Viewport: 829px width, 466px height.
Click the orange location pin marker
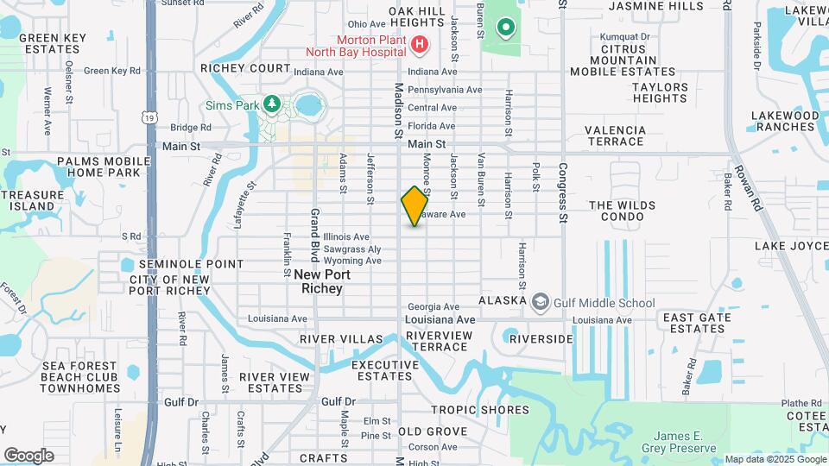pos(414,206)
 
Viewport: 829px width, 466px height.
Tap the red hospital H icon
pos(420,43)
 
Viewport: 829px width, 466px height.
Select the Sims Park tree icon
pos(272,104)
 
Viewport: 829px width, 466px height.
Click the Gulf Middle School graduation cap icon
pos(541,302)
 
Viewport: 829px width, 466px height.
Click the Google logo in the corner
pos(28,456)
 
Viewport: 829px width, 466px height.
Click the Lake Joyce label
pos(791,246)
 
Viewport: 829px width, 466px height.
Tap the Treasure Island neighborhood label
pos(33,201)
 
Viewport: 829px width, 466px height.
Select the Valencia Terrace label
pos(615,135)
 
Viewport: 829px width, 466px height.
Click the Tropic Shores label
pos(479,410)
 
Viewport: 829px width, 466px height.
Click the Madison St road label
pos(399,111)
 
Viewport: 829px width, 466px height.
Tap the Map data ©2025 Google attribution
pos(775,459)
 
